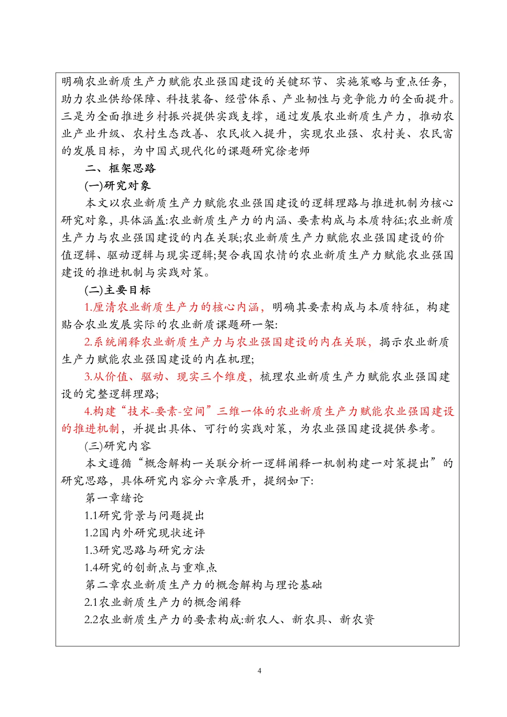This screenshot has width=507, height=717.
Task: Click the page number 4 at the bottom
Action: [x=259, y=671]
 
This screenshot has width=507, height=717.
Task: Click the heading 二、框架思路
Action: [x=120, y=168]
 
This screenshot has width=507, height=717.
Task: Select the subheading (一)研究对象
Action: [x=117, y=185]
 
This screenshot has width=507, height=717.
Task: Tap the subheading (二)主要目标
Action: [x=117, y=290]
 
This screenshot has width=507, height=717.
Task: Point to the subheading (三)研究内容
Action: [x=117, y=446]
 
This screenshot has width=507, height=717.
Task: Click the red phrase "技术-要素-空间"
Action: [x=166, y=411]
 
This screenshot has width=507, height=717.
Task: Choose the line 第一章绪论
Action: [x=114, y=498]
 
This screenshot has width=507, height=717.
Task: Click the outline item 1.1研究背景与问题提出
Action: [x=144, y=515]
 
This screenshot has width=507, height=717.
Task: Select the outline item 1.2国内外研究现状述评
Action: [x=144, y=533]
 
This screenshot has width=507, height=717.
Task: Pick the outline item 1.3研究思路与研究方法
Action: [x=144, y=550]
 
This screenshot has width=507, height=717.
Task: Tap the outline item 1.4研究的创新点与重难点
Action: [x=150, y=567]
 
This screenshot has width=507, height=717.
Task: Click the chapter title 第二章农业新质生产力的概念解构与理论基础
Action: [x=203, y=585]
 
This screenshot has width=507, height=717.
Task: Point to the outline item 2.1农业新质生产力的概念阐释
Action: [x=162, y=602]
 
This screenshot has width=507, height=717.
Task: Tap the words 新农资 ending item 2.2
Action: [x=357, y=619]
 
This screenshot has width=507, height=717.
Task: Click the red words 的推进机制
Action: [x=90, y=428]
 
